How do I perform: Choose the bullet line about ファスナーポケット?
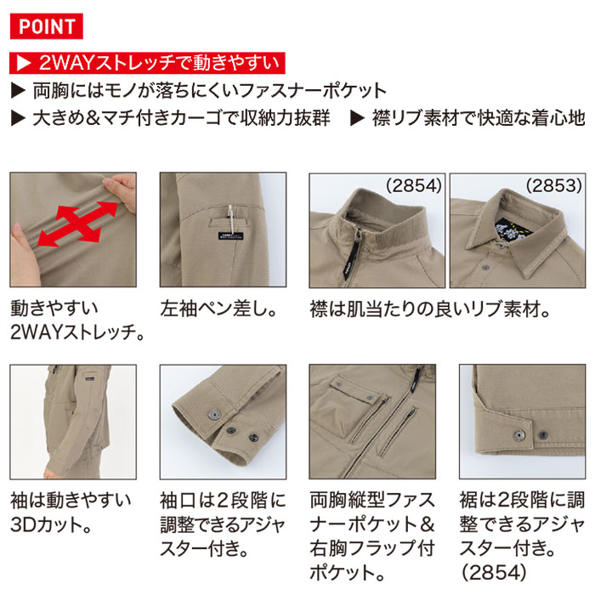pyautogui.click(x=198, y=90)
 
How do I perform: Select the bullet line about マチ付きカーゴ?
pyautogui.click(x=170, y=118)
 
